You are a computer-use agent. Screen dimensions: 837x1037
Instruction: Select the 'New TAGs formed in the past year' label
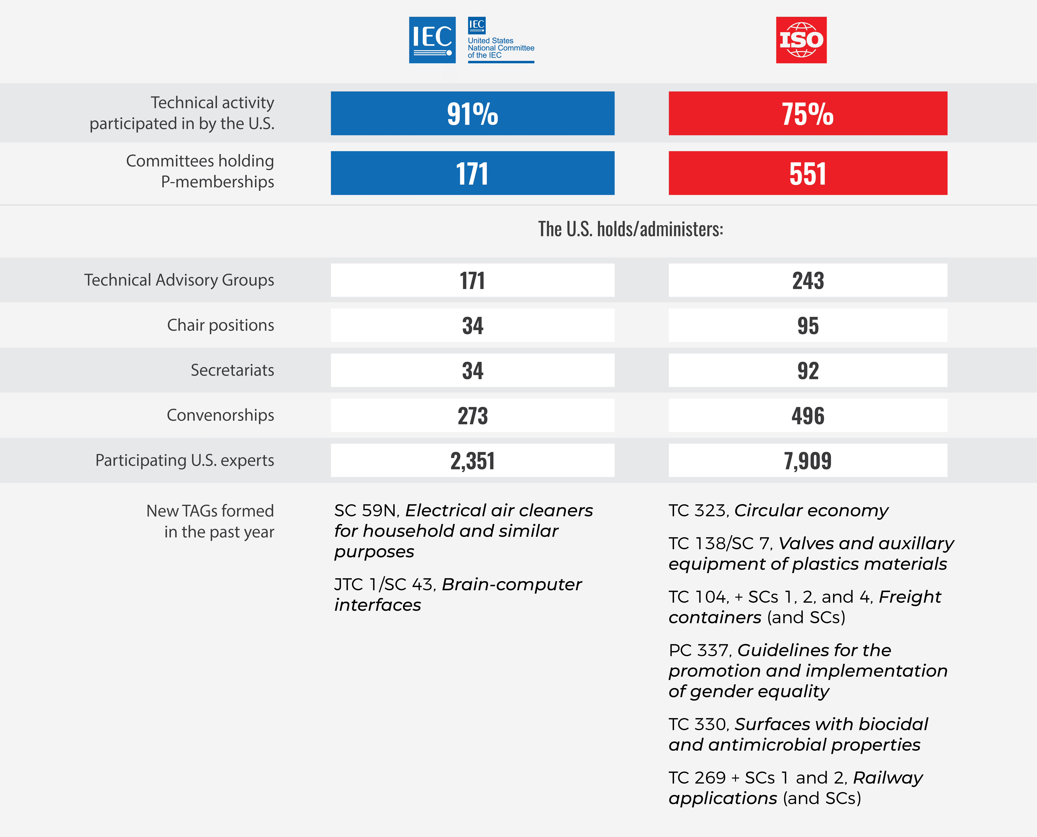tap(210, 521)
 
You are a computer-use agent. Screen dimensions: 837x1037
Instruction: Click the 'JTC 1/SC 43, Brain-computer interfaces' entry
tap(457, 594)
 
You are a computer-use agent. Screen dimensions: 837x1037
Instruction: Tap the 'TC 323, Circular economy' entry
tap(778, 511)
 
